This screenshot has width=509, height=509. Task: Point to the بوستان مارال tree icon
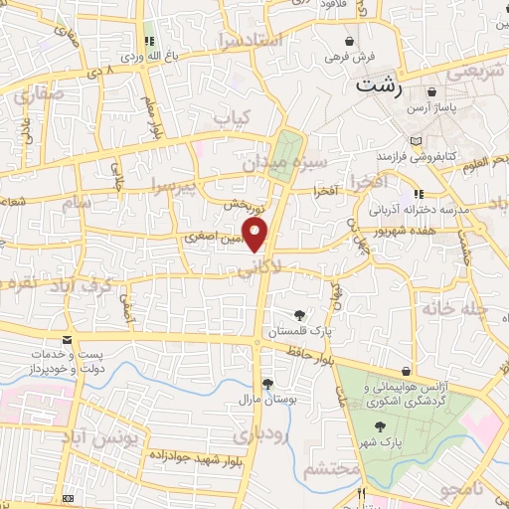[x=266, y=384]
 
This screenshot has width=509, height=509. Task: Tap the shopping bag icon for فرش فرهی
[x=349, y=41]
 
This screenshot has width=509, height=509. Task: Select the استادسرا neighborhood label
[x=252, y=42]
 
